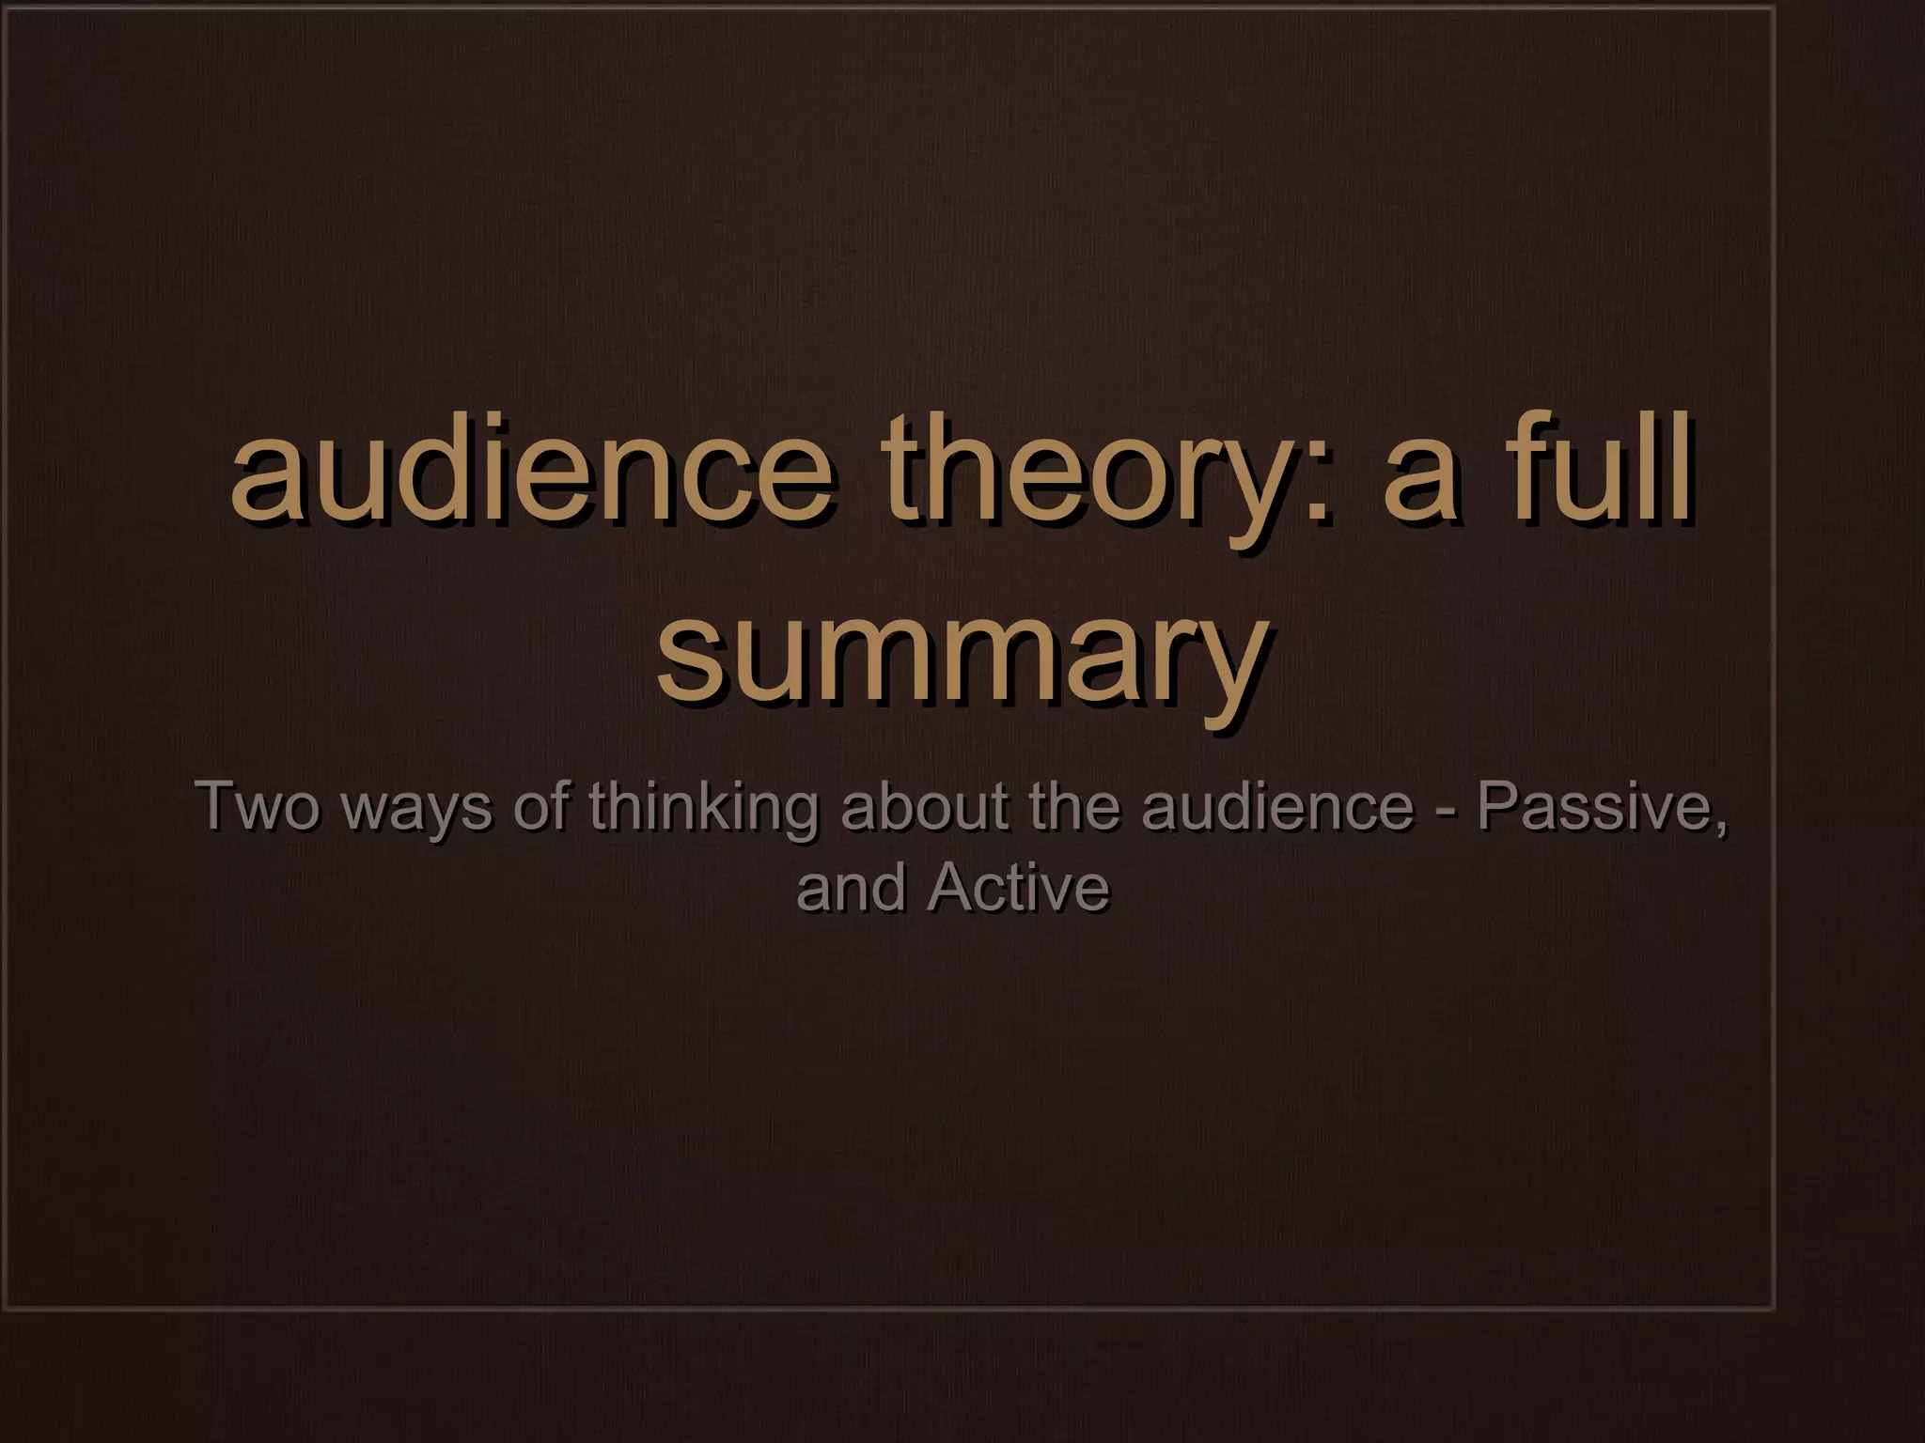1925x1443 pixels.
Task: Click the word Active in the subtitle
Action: click(x=1017, y=888)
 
